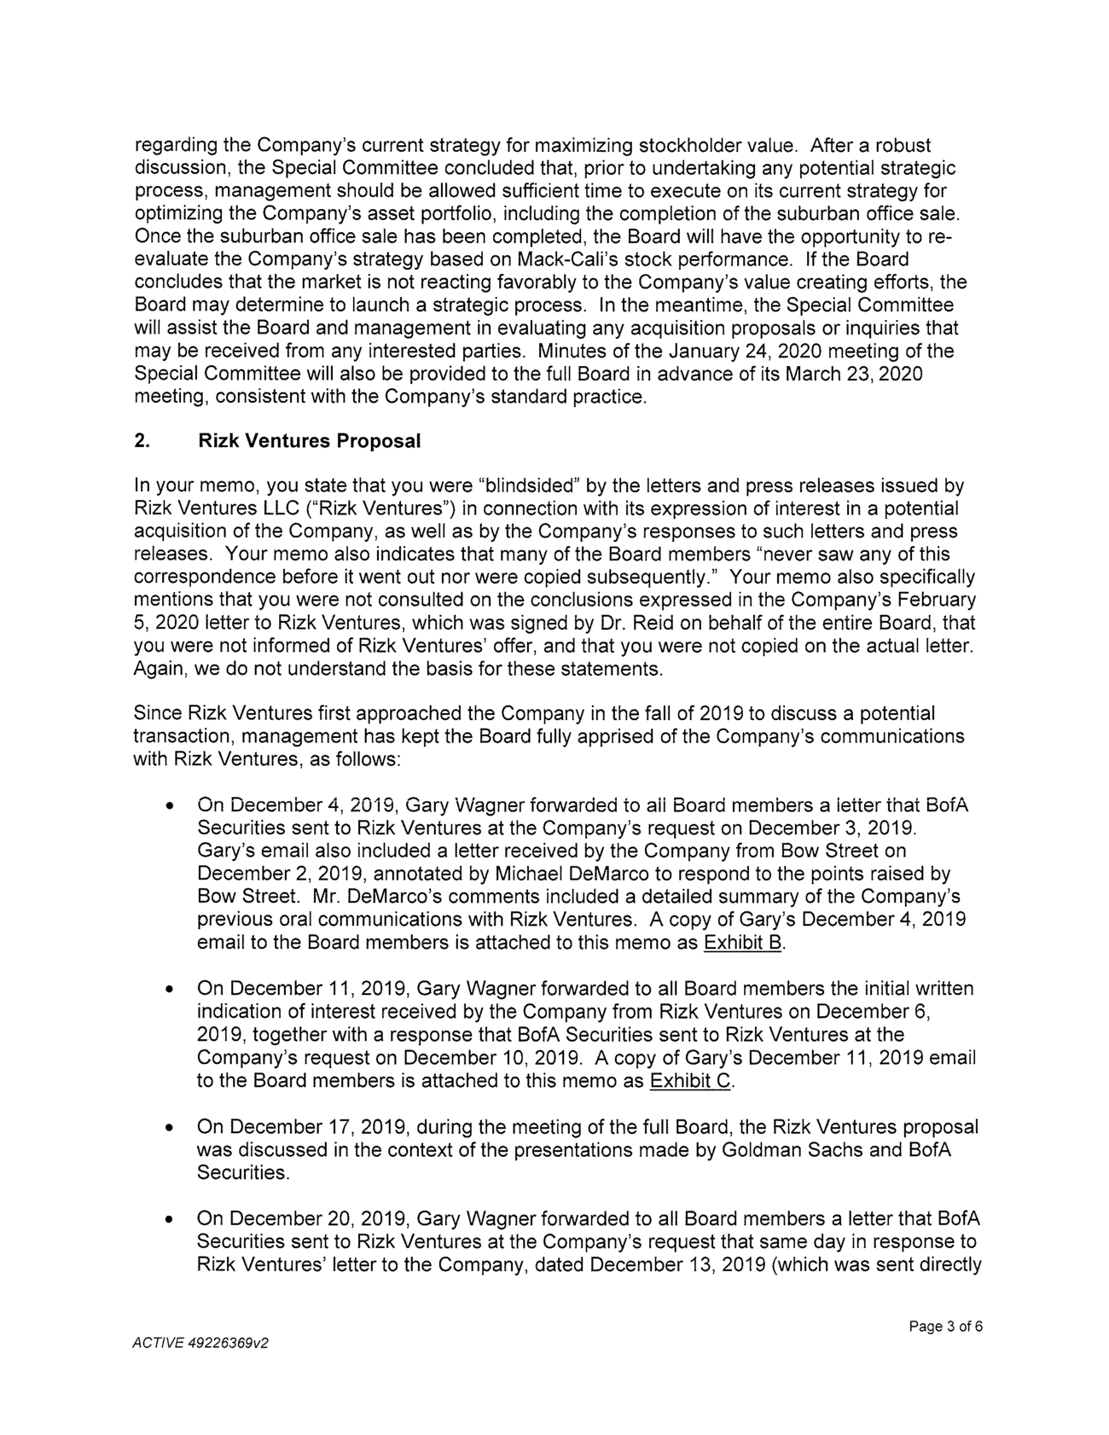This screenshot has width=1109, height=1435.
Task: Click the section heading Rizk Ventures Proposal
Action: point(309,442)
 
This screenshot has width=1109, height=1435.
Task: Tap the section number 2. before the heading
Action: point(142,442)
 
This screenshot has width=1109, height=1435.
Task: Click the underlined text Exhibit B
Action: point(742,944)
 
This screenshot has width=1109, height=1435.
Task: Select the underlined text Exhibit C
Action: point(691,1082)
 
